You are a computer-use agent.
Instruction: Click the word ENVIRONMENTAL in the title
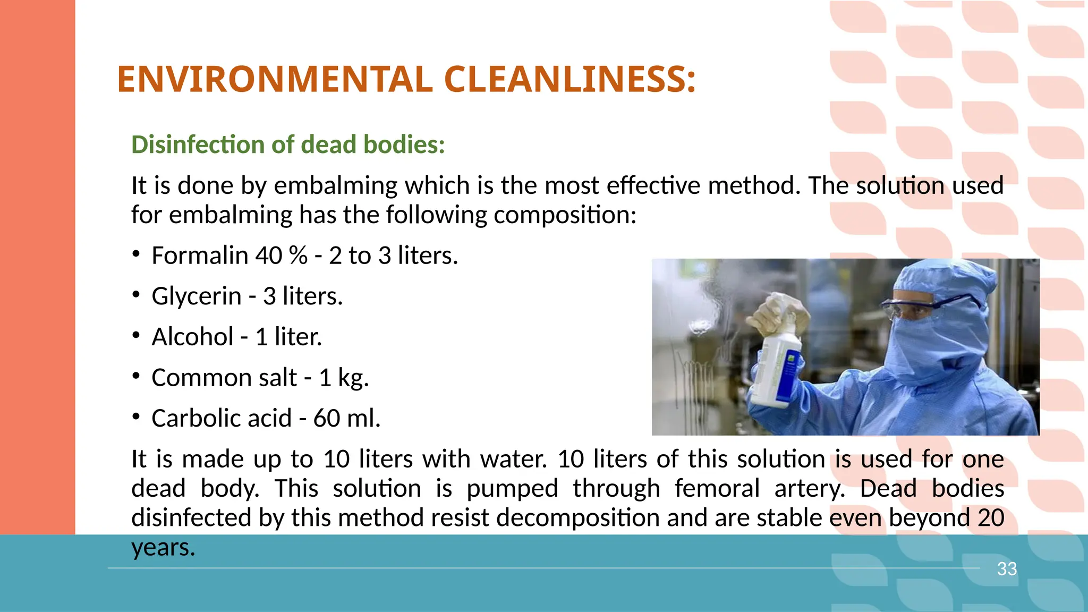275,80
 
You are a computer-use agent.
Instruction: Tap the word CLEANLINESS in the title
569,80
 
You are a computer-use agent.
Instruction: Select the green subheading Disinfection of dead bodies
288,144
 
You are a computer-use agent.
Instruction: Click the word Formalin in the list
200,256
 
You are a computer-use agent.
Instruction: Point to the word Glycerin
197,296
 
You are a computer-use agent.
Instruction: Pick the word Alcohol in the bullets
192,337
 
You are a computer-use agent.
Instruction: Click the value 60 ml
346,419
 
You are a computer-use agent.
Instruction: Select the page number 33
1007,569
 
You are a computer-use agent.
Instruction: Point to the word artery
809,489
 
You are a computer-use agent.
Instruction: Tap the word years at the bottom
163,548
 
